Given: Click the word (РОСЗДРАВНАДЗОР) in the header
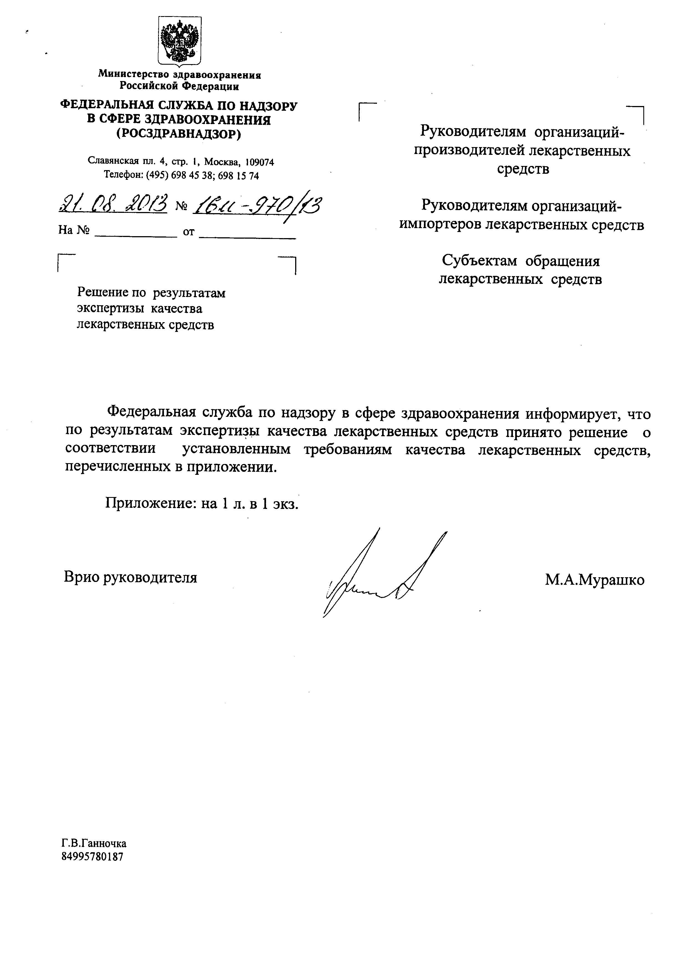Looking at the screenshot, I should tap(179, 134).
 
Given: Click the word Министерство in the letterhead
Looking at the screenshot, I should tap(133, 75).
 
